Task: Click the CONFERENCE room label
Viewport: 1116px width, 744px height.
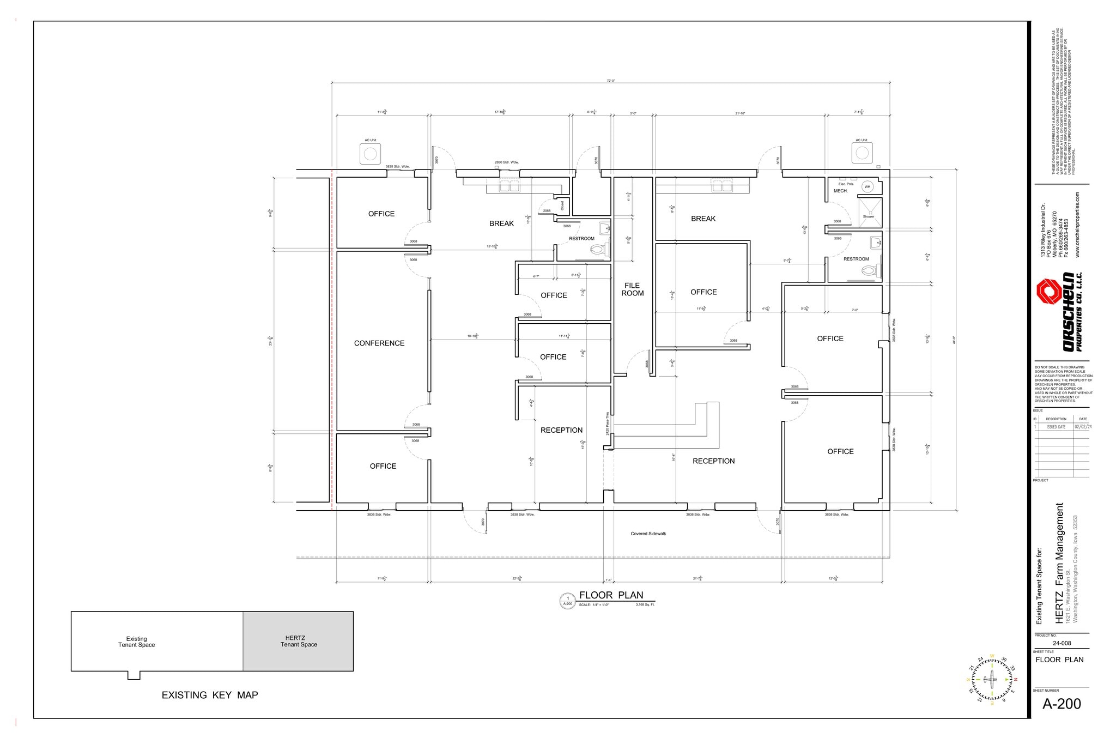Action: (x=379, y=343)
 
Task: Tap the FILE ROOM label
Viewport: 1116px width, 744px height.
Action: (x=632, y=289)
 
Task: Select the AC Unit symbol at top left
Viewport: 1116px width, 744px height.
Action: (x=371, y=154)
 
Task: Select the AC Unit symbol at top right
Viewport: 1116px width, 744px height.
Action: (x=862, y=153)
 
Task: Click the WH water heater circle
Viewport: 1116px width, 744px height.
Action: (x=868, y=187)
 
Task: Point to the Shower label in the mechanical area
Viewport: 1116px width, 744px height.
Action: (x=868, y=216)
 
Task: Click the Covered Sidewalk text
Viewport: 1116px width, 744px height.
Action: (x=648, y=534)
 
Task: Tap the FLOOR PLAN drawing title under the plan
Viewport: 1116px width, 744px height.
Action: (x=611, y=595)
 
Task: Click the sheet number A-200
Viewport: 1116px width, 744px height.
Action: (x=1061, y=704)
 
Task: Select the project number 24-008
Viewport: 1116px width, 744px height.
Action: (x=1062, y=643)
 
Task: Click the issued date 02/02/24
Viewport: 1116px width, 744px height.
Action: (x=1082, y=427)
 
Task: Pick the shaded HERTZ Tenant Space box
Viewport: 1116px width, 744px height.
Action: (x=298, y=641)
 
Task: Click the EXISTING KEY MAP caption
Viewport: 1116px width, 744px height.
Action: (x=210, y=695)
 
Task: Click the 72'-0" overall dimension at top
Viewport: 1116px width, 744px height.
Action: (x=610, y=81)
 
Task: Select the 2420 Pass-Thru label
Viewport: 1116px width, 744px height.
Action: (x=607, y=424)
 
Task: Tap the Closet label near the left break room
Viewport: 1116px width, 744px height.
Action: (x=562, y=205)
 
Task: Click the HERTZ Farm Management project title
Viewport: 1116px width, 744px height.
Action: (x=1059, y=563)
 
